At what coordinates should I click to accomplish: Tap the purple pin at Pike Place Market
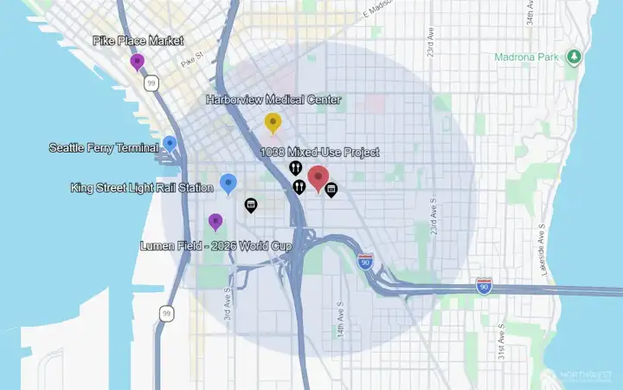(137, 61)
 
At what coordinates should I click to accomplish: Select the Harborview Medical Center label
(273, 100)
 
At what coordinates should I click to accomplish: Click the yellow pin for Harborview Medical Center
(273, 122)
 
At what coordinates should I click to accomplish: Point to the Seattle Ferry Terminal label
(104, 148)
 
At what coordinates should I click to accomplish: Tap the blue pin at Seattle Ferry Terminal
(170, 143)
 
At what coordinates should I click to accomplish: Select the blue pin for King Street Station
(228, 182)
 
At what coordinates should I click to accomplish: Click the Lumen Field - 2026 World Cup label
(215, 246)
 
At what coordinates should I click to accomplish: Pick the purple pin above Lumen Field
(215, 221)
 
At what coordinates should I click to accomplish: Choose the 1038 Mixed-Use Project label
(319, 153)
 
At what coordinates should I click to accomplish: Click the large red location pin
(318, 177)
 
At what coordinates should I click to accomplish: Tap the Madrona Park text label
(528, 58)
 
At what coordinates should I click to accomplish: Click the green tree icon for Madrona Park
(573, 57)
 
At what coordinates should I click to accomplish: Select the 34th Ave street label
(529, 19)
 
